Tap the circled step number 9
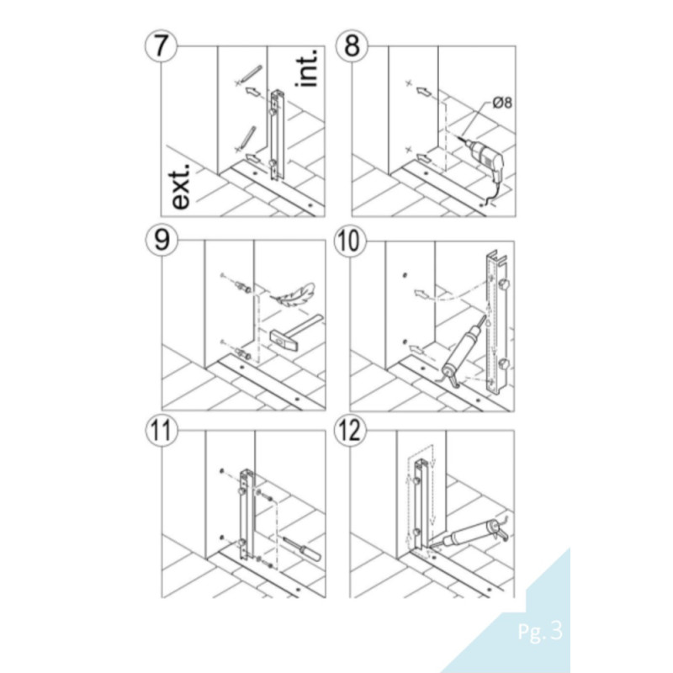(x=160, y=241)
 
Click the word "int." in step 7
(x=308, y=67)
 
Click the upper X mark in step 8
(x=409, y=84)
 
